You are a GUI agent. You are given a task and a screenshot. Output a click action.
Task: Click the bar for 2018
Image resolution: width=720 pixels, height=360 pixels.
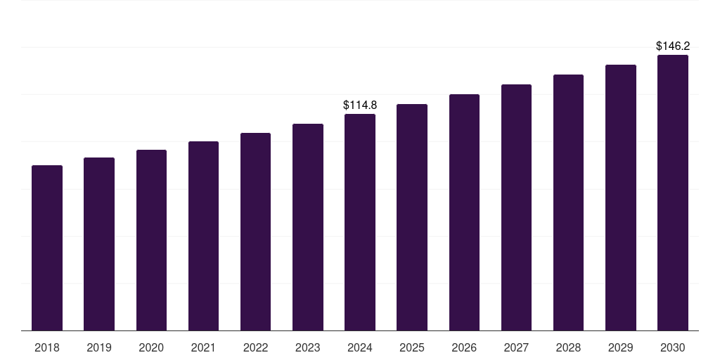(47, 248)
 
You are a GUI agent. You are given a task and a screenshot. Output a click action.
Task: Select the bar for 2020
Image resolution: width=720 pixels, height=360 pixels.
(151, 240)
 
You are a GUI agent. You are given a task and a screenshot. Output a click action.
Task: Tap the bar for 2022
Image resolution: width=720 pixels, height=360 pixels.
(255, 232)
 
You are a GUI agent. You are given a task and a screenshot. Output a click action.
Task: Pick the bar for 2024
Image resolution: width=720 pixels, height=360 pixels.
(360, 222)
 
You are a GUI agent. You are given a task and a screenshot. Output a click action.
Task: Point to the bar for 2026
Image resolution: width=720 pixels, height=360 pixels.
(464, 212)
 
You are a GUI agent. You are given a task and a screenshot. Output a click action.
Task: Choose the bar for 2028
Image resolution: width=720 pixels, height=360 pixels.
(568, 202)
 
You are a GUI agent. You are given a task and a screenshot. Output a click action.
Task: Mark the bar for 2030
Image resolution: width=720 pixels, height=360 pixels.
(673, 193)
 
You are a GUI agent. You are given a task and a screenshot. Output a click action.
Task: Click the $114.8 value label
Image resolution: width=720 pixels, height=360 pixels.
(360, 105)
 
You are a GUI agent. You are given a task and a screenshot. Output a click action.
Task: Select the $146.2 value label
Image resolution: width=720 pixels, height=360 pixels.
(673, 46)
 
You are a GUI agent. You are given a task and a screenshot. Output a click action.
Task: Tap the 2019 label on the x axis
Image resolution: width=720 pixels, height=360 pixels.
(99, 347)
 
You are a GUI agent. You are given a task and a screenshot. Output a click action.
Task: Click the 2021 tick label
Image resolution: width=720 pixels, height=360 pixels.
(203, 347)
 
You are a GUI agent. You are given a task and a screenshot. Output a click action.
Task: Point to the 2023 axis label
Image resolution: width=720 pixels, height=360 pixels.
(308, 347)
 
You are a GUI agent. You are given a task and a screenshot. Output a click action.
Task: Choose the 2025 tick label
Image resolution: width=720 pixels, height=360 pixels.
(412, 347)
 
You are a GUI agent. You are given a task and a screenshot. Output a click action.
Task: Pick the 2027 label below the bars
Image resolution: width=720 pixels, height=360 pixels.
(516, 347)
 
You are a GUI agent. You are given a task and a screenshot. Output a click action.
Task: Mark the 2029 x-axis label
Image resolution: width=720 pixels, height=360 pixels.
(621, 347)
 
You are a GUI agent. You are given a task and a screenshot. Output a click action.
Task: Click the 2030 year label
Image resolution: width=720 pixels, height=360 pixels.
(673, 347)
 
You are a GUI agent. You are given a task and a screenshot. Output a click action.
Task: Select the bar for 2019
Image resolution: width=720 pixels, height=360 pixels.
(99, 244)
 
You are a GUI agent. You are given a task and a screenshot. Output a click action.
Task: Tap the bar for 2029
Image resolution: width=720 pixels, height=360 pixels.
(621, 198)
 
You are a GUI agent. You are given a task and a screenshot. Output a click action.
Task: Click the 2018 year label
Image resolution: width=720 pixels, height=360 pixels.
(47, 347)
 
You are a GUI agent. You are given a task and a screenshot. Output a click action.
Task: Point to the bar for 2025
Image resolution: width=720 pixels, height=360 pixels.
(412, 217)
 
